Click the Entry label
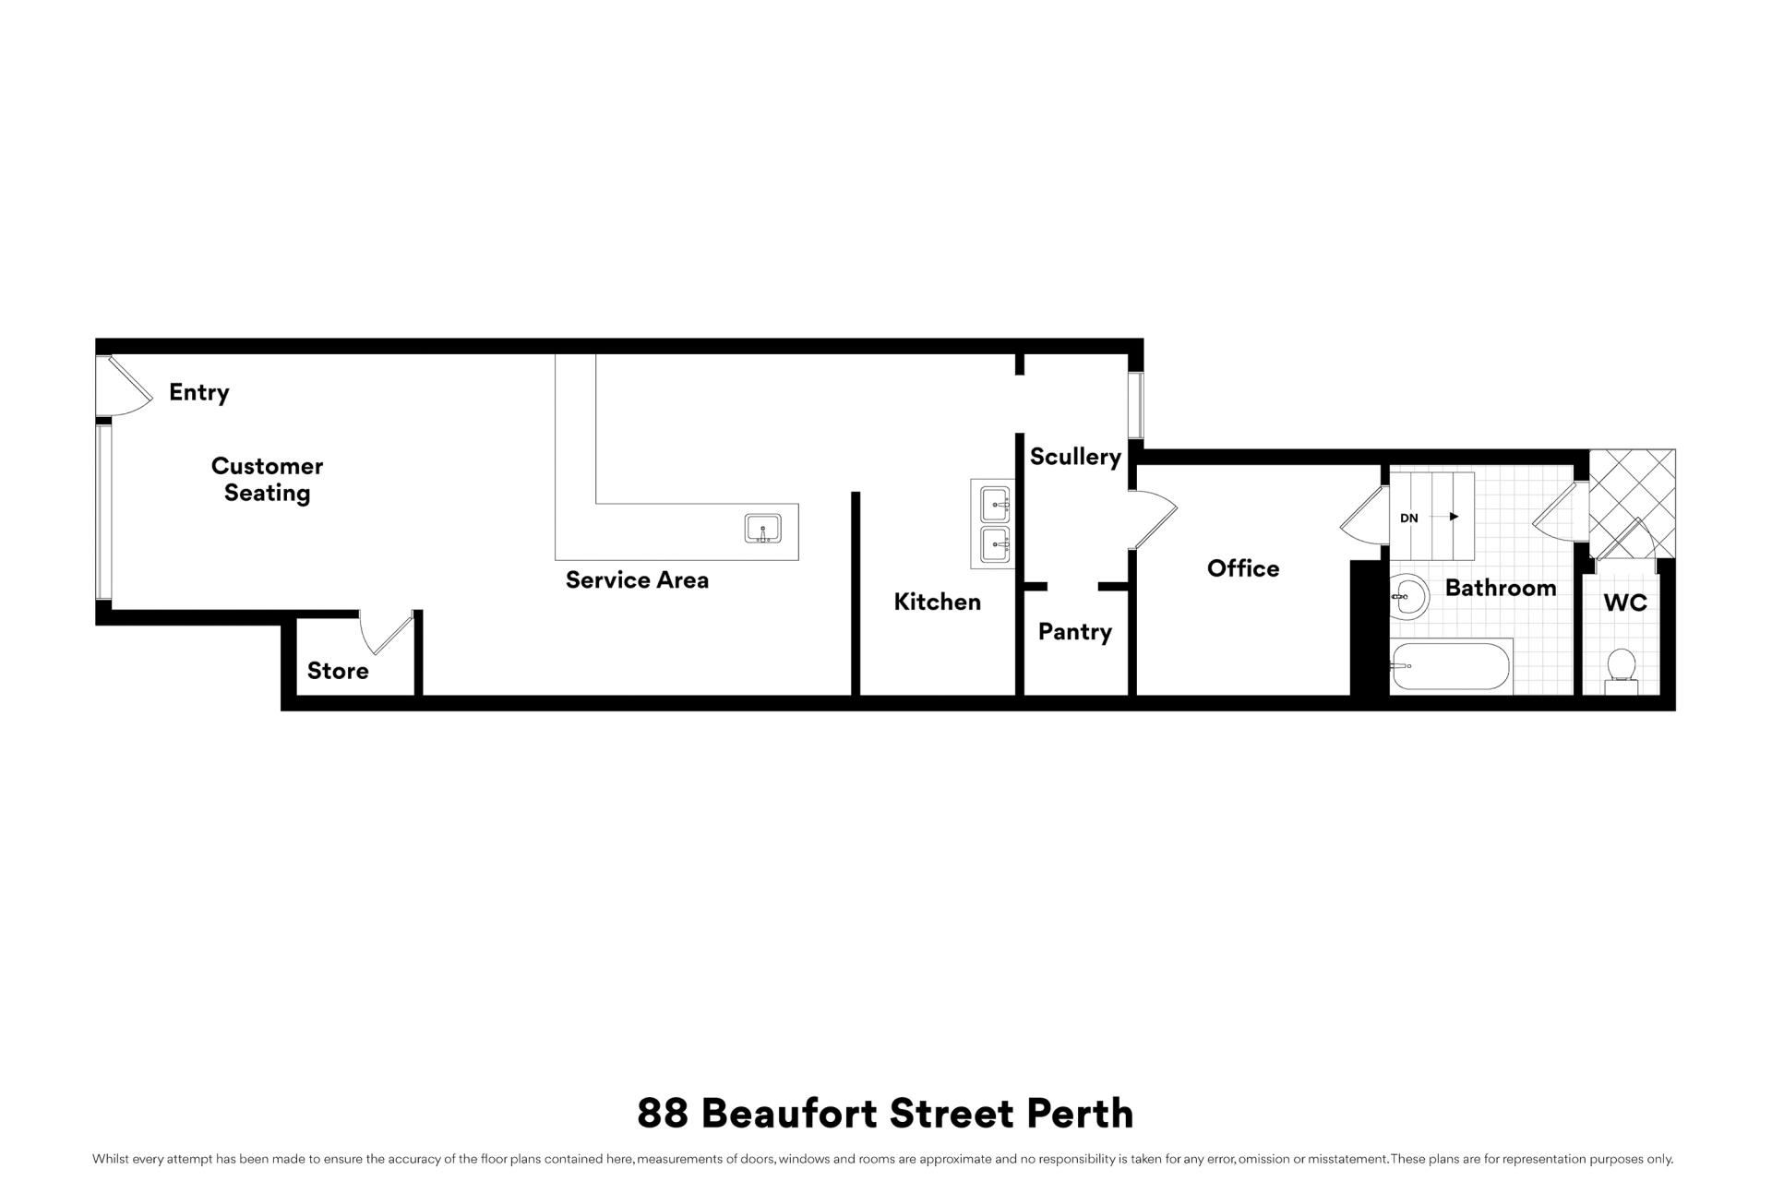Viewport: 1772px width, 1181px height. tap(199, 393)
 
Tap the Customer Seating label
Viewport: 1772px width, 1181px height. tap(268, 479)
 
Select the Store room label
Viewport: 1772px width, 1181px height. tap(338, 671)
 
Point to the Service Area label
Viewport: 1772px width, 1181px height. tap(637, 580)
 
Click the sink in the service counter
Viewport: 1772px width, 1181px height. tap(763, 529)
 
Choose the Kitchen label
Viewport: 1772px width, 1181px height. tap(938, 602)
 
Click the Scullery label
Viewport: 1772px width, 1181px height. tap(1075, 457)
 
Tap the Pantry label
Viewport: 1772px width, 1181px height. tap(1075, 632)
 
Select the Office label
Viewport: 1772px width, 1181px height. tap(1243, 568)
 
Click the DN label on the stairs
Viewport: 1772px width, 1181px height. tap(1409, 519)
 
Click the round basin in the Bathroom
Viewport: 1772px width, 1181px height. tap(1409, 596)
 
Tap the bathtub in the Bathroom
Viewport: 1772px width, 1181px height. tap(1451, 666)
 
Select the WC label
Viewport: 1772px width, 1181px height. tap(1625, 602)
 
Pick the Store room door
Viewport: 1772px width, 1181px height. tap(389, 635)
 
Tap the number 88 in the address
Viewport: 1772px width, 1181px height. tap(663, 1114)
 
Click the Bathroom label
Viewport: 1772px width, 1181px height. tap(1501, 588)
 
